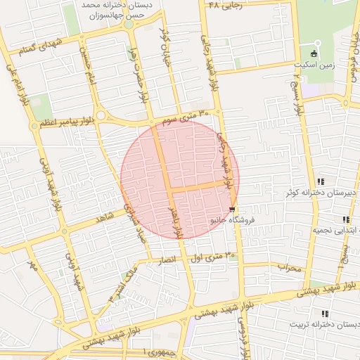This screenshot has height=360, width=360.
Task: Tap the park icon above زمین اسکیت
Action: [x=314, y=53]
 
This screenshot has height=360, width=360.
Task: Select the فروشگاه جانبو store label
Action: [x=232, y=220]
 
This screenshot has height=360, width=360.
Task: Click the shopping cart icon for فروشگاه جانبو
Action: [x=232, y=209]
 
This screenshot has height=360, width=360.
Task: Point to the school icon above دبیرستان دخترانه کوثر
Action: [x=321, y=181]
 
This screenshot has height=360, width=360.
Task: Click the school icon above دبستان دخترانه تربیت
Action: [x=324, y=314]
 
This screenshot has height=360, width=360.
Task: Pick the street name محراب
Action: [x=288, y=267]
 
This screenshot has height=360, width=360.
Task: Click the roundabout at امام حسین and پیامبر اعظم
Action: [x=101, y=115]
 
